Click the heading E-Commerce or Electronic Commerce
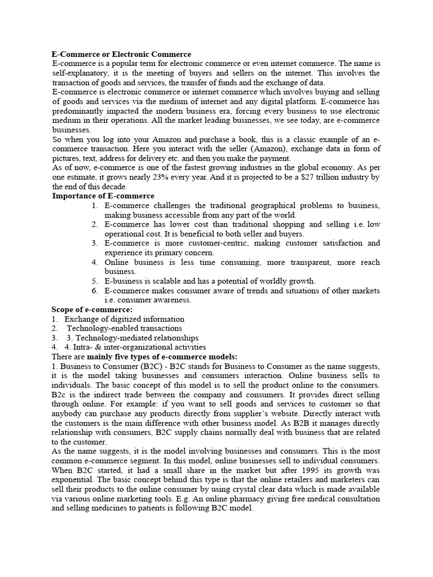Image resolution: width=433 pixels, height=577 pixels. (121, 54)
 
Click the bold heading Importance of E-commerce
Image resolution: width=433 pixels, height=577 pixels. (103, 196)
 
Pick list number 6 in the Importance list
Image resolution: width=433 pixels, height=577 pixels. (95, 291)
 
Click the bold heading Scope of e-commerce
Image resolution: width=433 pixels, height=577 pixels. (92, 310)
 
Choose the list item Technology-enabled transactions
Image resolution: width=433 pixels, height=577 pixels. (125, 329)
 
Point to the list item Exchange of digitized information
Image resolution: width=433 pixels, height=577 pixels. (124, 319)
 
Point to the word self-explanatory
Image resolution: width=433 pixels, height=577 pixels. (80, 73)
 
